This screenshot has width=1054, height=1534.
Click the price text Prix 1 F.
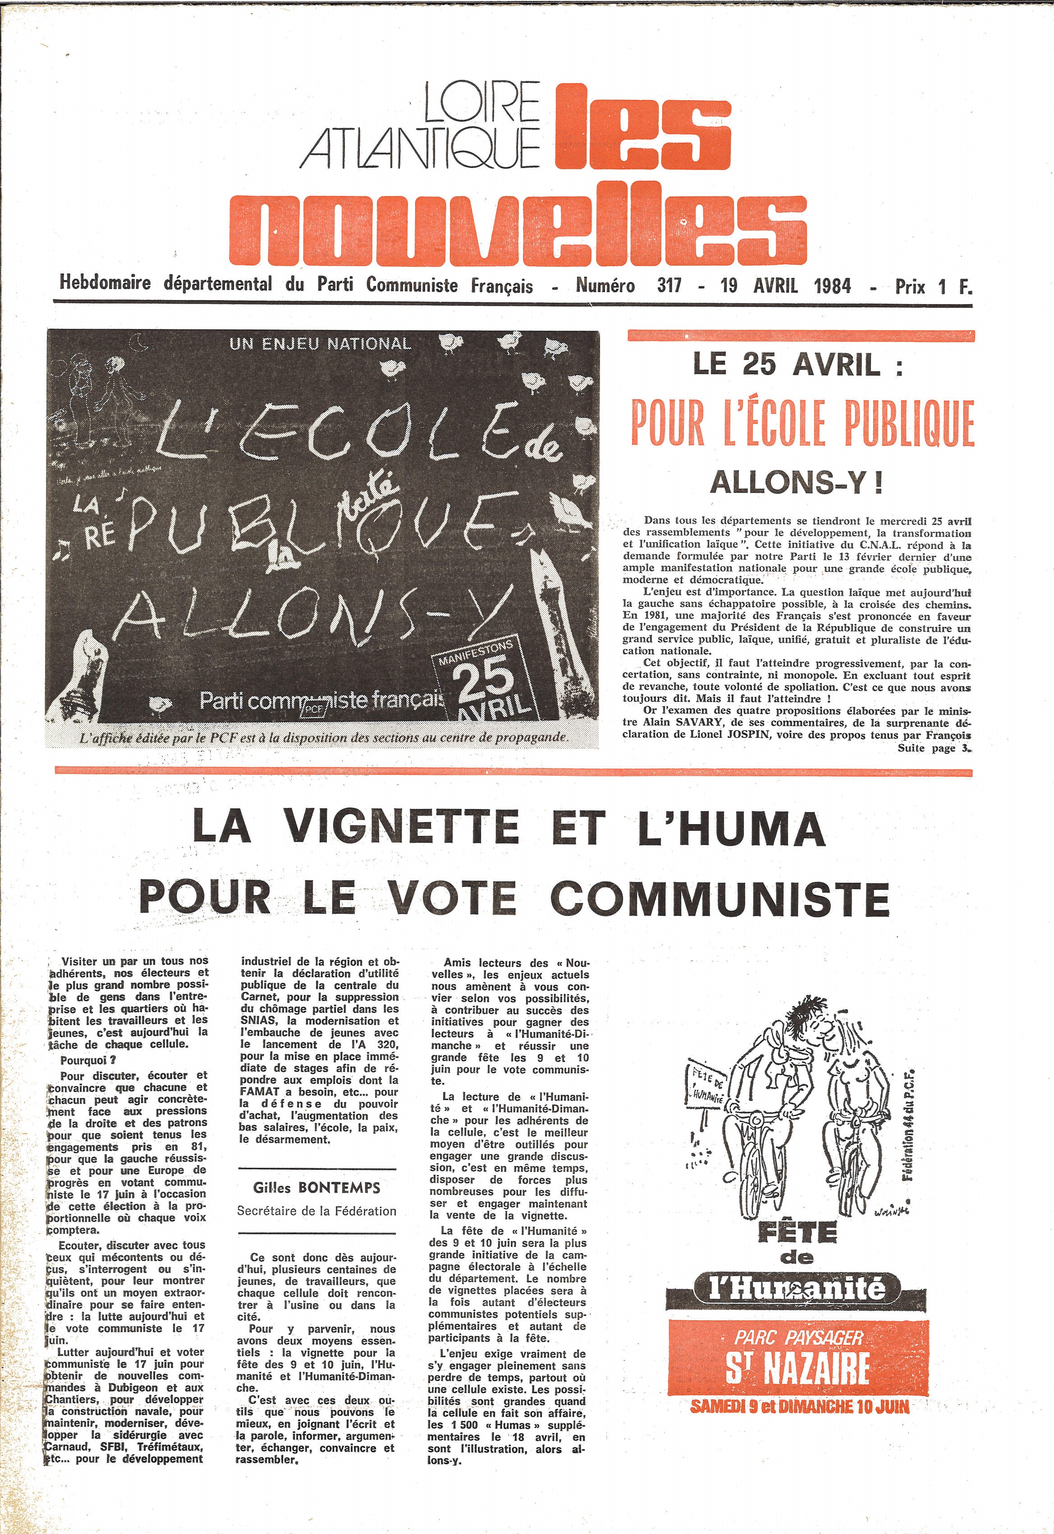934,286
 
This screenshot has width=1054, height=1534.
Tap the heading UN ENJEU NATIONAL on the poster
320,344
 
